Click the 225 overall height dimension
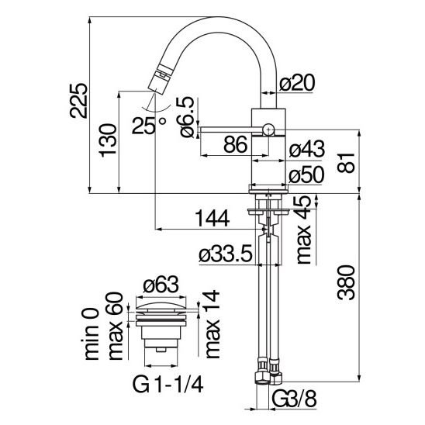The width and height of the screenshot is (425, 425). (78, 101)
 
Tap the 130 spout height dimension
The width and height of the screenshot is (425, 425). (108, 140)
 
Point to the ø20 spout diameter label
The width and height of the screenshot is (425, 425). (297, 82)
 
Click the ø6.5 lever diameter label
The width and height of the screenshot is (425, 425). (185, 117)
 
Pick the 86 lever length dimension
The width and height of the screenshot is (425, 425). (236, 144)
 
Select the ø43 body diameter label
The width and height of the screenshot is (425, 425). (307, 149)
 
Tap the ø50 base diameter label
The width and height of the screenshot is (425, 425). (306, 174)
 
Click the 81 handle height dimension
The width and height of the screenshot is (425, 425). (346, 163)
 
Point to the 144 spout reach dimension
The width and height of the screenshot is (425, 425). (212, 219)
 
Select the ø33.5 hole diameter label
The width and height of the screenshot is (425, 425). (226, 254)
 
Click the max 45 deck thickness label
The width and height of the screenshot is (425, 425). (303, 230)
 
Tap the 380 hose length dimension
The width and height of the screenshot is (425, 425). (346, 283)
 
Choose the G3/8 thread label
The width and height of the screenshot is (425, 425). (294, 399)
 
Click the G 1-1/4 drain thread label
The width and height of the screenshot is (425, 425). (168, 384)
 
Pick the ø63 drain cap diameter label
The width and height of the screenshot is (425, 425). (161, 285)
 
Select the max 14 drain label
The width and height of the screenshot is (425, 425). (212, 324)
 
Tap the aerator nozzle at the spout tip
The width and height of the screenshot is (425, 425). (160, 79)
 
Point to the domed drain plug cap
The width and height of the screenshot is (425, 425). (161, 308)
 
